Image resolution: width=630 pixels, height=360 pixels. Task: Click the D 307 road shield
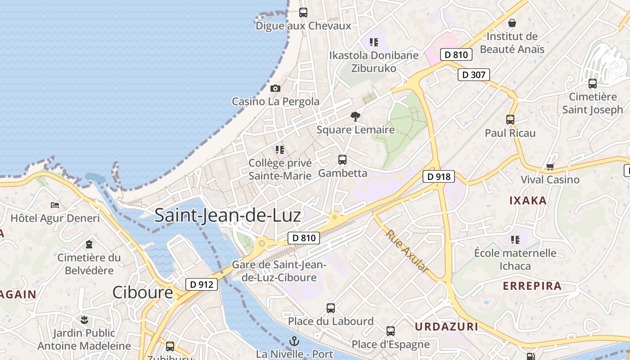coord(473,75)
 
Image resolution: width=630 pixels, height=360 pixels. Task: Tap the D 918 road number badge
coord(438,177)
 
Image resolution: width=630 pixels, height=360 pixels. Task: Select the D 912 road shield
coord(202,284)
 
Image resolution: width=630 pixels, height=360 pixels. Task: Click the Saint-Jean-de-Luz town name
coord(227,216)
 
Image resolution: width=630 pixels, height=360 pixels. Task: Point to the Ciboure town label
coord(142,292)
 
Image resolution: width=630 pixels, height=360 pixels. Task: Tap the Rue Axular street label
coord(407,251)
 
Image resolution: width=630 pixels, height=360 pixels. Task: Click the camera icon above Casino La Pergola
coord(275,89)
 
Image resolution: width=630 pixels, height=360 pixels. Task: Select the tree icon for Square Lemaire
coord(355,117)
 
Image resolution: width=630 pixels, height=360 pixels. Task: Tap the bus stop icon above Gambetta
coord(342,160)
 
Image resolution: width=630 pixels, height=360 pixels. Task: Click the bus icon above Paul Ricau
coord(510,120)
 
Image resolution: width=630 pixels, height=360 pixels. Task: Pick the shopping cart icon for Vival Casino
coord(550,167)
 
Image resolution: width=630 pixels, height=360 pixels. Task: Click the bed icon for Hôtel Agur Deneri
coord(55,205)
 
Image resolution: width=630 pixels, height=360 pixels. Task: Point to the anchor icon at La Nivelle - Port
coord(294,341)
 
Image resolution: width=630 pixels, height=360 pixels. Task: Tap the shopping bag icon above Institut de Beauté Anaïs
coord(512,23)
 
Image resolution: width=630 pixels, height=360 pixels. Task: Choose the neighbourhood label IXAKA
coord(528,201)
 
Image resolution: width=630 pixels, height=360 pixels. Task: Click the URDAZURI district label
coord(446,327)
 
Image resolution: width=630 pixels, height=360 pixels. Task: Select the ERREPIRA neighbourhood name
coord(532,286)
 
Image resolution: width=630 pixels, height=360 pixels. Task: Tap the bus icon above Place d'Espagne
coord(390,331)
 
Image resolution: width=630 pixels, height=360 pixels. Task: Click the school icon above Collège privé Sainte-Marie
coord(280,149)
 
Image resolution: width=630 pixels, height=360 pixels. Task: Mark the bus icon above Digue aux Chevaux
coord(303,13)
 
